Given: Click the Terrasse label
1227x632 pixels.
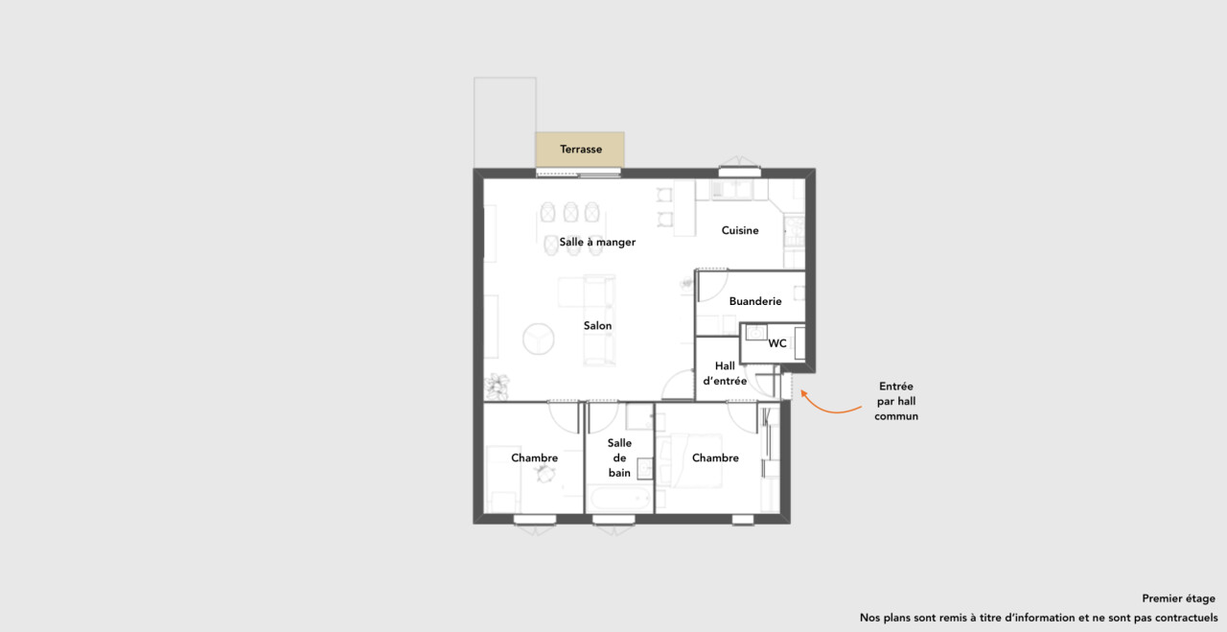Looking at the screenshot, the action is pyautogui.click(x=581, y=149).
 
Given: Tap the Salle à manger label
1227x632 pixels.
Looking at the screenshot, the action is pyautogui.click(x=597, y=242).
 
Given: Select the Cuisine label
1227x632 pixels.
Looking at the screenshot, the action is pyautogui.click(x=740, y=230).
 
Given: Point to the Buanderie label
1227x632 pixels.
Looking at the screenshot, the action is pyautogui.click(x=754, y=301).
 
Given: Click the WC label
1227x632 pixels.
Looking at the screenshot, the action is pyautogui.click(x=777, y=343).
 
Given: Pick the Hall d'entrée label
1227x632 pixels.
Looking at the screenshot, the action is pyautogui.click(x=725, y=373).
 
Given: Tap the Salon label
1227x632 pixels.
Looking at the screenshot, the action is pyautogui.click(x=597, y=326).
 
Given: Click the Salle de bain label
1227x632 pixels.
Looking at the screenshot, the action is pyautogui.click(x=619, y=457).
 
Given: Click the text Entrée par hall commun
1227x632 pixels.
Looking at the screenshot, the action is pyautogui.click(x=896, y=401).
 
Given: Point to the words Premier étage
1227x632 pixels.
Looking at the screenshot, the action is pyautogui.click(x=1178, y=598).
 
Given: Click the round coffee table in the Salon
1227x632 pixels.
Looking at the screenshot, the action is pyautogui.click(x=539, y=339).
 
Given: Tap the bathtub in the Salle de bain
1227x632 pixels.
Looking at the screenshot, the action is pyautogui.click(x=619, y=500).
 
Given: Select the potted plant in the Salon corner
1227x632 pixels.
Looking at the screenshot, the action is pyautogui.click(x=498, y=386).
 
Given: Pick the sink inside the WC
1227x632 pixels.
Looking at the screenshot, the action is pyautogui.click(x=756, y=333).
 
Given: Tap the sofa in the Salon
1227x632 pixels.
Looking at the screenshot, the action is pyautogui.click(x=599, y=320).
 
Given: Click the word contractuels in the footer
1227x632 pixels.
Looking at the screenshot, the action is pyautogui.click(x=1186, y=618).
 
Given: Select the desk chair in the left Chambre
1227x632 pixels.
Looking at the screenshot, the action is pyautogui.click(x=544, y=474).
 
